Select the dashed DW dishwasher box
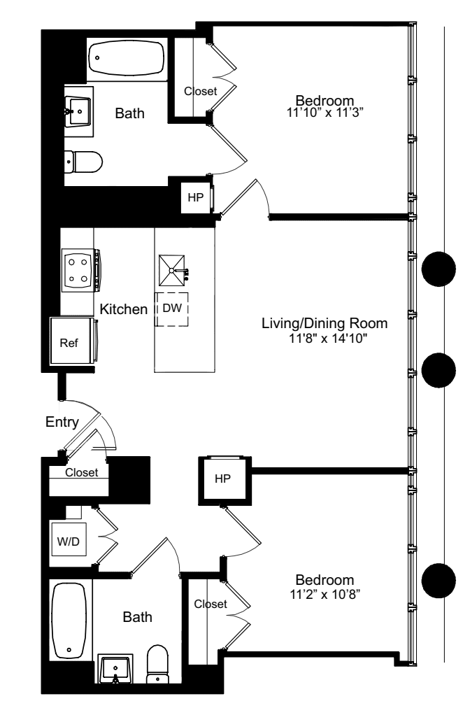(x=173, y=309)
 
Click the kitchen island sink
(x=172, y=269)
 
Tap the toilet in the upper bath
(x=83, y=162)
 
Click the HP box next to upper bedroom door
(x=195, y=197)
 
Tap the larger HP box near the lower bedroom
(x=222, y=479)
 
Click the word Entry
(x=62, y=422)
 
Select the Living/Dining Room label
(x=324, y=324)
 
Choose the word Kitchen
(x=123, y=309)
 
